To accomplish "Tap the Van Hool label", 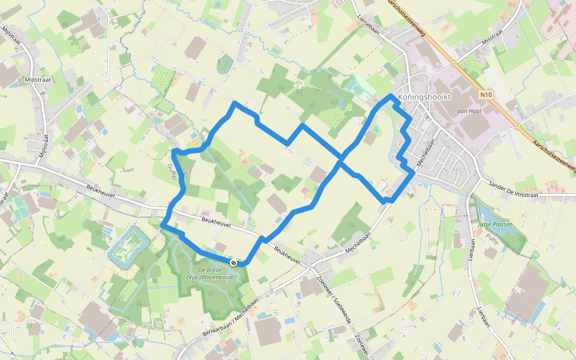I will tap(470, 112).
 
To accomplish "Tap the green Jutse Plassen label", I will tap(495, 224).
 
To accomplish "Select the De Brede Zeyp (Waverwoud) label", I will tap(214, 274).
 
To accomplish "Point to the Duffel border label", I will tap(172, 171).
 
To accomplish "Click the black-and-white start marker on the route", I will tap(233, 263).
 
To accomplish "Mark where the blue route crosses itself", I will tap(341, 160).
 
